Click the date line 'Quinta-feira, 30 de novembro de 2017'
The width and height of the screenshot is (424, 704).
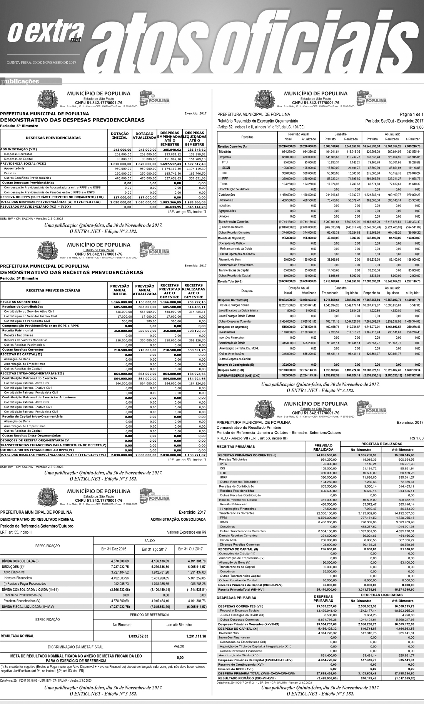tap(42, 62)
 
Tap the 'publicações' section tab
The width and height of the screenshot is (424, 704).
tap(21, 81)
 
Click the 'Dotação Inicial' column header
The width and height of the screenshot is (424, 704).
tap(119, 135)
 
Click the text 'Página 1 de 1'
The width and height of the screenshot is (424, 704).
tap(411, 115)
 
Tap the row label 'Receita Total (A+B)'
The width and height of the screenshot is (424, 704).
tap(230, 281)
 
